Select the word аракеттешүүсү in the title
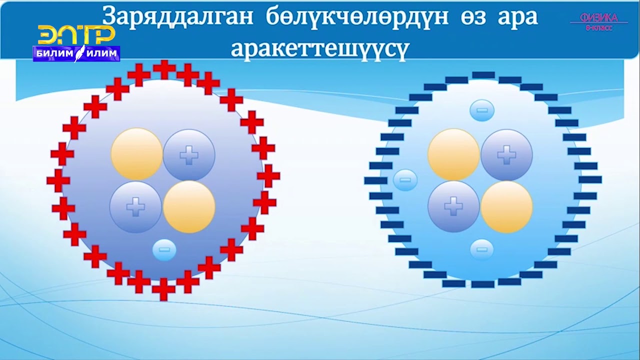click(320, 48)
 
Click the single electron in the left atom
click(164, 249)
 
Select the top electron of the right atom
click(482, 110)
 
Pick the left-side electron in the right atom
click(405, 180)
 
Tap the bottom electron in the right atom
click(482, 249)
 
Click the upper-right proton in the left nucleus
click(189, 155)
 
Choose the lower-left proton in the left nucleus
click(135, 207)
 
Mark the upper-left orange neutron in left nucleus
click(136, 154)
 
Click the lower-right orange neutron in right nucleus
click(506, 207)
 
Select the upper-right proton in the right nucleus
click(506, 155)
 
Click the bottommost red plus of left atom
click(163, 289)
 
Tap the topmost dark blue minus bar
click(483, 75)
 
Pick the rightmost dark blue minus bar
click(590, 179)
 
